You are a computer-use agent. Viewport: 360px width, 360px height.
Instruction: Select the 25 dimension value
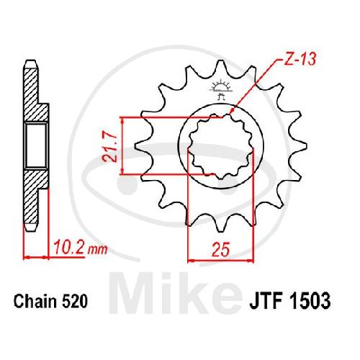coord(221,249)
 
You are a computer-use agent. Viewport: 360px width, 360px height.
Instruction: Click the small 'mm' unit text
coord(98,250)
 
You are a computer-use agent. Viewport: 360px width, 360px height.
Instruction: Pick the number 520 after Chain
coord(75,302)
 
